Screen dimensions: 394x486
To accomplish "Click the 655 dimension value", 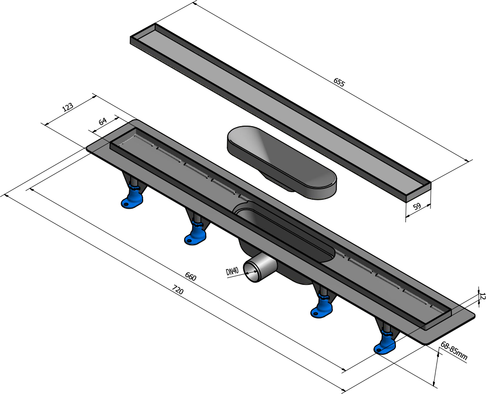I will tap(339, 83).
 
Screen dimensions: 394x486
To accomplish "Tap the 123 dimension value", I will tap(68, 107).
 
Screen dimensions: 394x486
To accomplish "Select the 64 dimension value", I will tap(103, 122).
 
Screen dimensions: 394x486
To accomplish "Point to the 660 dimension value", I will tap(191, 276).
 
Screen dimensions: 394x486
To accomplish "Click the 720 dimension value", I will tap(178, 290).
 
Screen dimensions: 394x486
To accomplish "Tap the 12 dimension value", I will tap(481, 296).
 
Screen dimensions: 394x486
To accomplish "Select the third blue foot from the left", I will tap(322, 305).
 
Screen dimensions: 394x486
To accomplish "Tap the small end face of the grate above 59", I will tap(418, 192).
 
